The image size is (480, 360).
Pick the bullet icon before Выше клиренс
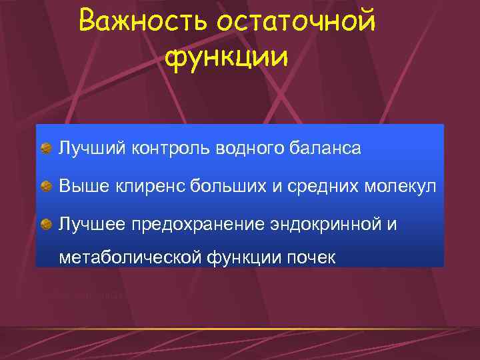tap(45, 187)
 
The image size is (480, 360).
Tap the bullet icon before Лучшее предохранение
tap(45, 225)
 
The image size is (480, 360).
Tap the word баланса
tap(326, 148)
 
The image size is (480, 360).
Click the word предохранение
tap(185, 224)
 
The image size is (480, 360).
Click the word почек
tap(311, 257)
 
